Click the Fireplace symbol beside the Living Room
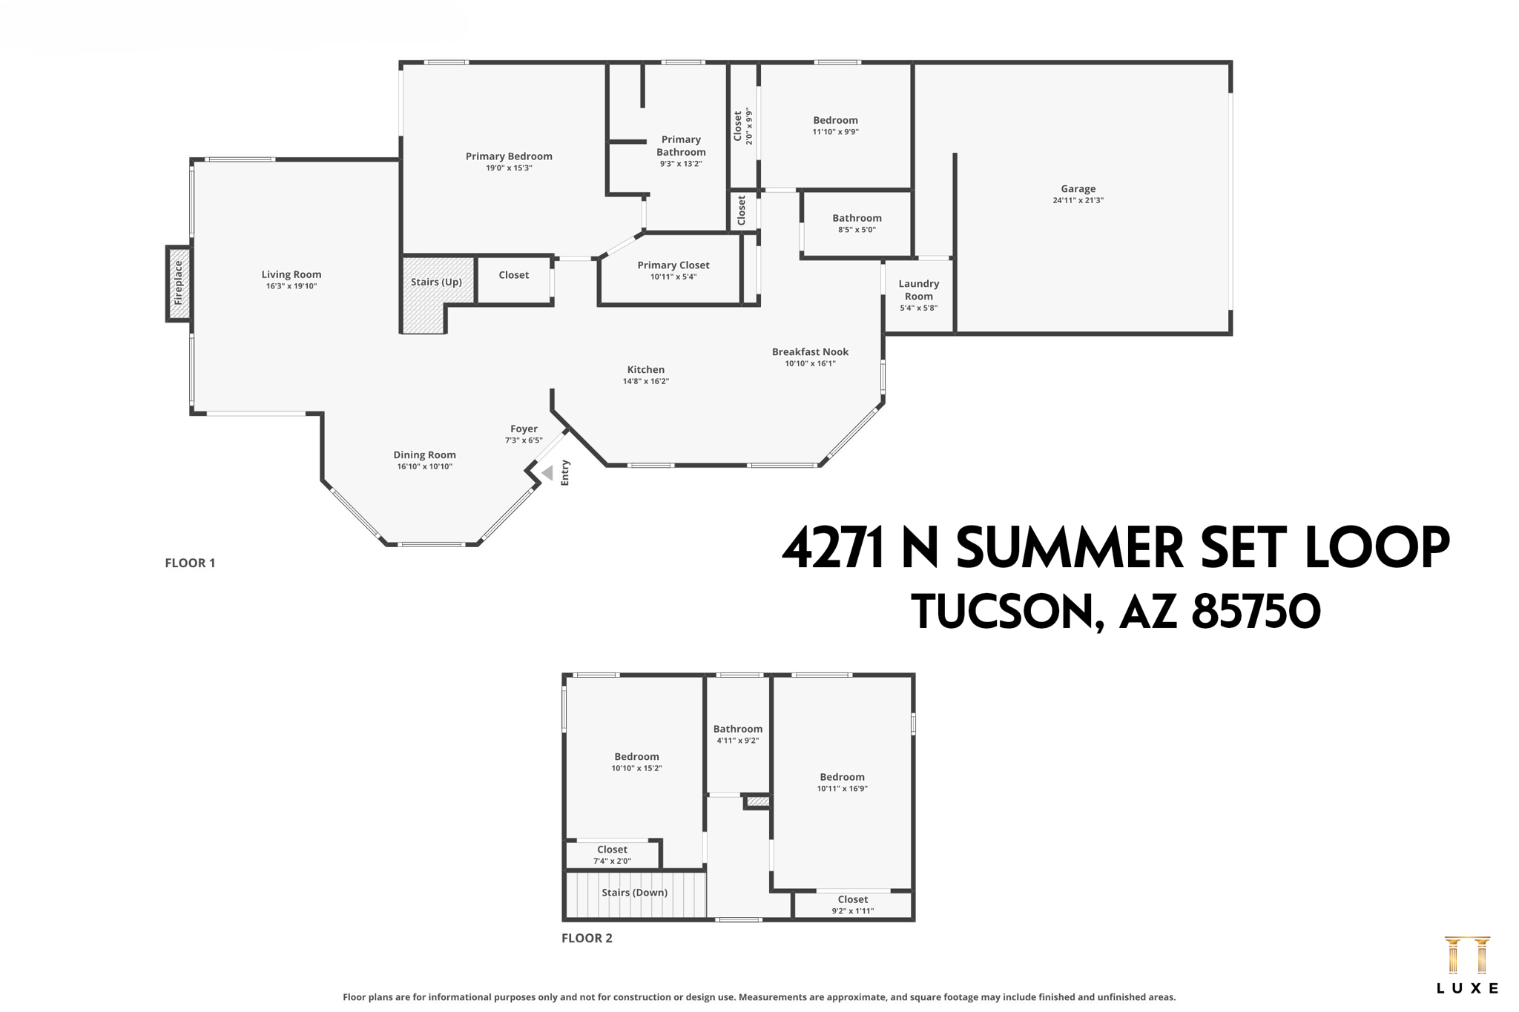[178, 283]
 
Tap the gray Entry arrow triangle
[547, 472]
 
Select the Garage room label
[1078, 189]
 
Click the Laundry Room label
[918, 290]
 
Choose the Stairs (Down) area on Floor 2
[634, 893]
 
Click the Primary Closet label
[673, 265]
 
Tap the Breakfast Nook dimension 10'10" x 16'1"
[810, 364]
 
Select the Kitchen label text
[645, 370]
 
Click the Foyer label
[524, 429]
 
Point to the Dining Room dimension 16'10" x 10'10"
[424, 467]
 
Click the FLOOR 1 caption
[190, 563]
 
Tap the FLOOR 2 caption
[587, 938]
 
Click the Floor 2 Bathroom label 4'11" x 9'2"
[737, 734]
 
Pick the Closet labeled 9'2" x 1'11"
[852, 904]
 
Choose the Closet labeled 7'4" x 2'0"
[612, 855]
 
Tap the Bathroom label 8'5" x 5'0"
[857, 223]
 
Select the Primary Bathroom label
[680, 146]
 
